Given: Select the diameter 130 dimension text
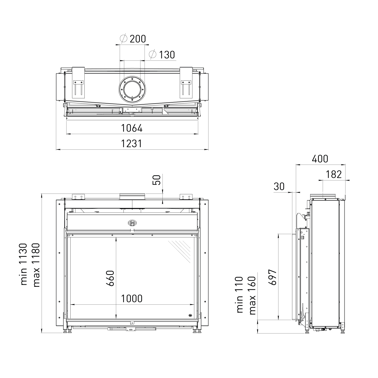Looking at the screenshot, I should pyautogui.click(x=162, y=55).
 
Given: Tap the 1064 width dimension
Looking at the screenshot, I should pyautogui.click(x=132, y=128).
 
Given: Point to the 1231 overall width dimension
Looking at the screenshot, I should pyautogui.click(x=132, y=144).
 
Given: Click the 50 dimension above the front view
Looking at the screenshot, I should pyautogui.click(x=157, y=180).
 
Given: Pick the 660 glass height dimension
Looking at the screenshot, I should pyautogui.click(x=110, y=278).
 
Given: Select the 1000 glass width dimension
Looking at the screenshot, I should pyautogui.click(x=132, y=299).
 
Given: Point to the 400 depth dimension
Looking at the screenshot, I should pyautogui.click(x=320, y=159).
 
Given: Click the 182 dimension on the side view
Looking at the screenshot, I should pyautogui.click(x=334, y=174).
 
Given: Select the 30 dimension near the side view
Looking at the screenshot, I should pyautogui.click(x=279, y=186).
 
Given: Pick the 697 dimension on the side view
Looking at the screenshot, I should pyautogui.click(x=272, y=277).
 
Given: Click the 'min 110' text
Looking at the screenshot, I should pyautogui.click(x=240, y=295).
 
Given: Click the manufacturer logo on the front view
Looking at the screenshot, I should pyautogui.click(x=132, y=222).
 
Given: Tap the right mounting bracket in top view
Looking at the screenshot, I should pyautogui.click(x=186, y=82).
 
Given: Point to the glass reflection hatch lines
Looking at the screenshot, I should pyautogui.click(x=179, y=251).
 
